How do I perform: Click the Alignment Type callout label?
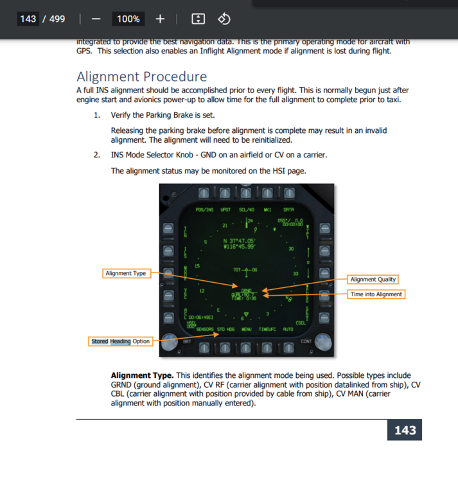(x=126, y=273)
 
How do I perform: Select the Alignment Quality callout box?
(x=373, y=279)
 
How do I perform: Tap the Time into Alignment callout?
(x=376, y=294)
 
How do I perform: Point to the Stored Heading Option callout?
(x=120, y=341)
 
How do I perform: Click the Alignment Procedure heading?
(x=141, y=77)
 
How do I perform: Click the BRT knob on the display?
(x=170, y=342)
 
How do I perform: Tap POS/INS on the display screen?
(x=204, y=210)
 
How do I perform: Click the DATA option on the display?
(x=288, y=210)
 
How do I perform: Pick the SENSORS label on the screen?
(x=205, y=329)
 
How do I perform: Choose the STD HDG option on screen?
(x=225, y=329)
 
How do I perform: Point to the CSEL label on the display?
(x=300, y=323)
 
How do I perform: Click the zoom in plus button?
(x=161, y=19)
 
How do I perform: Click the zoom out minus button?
(x=96, y=19)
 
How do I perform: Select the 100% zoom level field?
(x=128, y=19)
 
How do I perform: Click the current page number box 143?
(x=28, y=19)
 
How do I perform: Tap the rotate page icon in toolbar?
(x=224, y=19)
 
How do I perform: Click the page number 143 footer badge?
(x=405, y=430)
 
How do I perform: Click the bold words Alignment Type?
(x=141, y=375)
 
